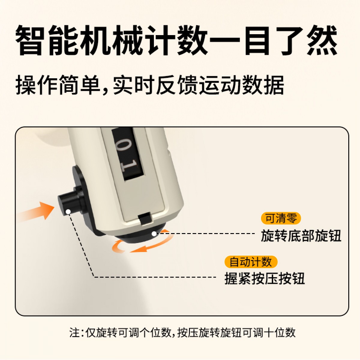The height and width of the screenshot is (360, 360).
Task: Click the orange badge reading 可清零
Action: click(x=281, y=218)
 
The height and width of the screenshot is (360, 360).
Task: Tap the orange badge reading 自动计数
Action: click(x=251, y=262)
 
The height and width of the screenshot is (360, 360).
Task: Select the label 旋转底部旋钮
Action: click(x=301, y=236)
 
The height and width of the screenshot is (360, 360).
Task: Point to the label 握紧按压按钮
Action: click(x=265, y=278)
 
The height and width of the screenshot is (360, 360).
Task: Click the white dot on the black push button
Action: click(x=68, y=212)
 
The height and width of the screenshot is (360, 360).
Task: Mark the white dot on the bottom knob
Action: click(x=154, y=234)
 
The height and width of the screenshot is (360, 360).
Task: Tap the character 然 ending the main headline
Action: click(x=322, y=40)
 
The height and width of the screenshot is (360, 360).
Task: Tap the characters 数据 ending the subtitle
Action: click(x=263, y=85)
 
